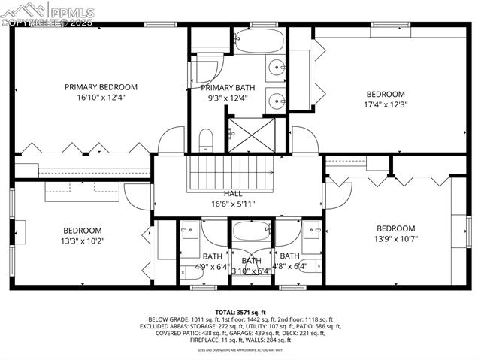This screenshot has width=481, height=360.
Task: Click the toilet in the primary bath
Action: (206, 139)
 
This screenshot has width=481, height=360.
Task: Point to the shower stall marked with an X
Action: (251, 135)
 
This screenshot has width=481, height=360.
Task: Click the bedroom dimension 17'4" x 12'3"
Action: (384, 105)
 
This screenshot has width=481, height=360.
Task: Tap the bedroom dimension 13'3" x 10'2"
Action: (82, 241)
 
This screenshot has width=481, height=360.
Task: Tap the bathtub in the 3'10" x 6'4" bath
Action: (251, 231)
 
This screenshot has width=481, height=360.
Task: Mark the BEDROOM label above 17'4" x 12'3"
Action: (384, 95)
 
